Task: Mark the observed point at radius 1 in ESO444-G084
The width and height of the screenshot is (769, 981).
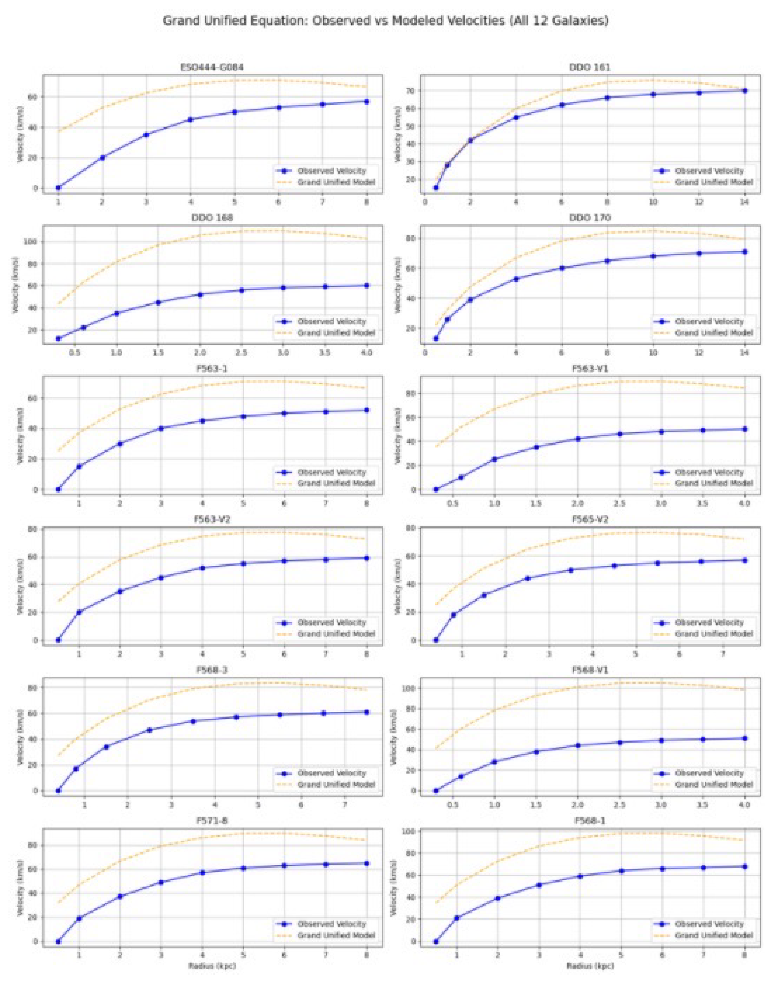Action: (x=59, y=188)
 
